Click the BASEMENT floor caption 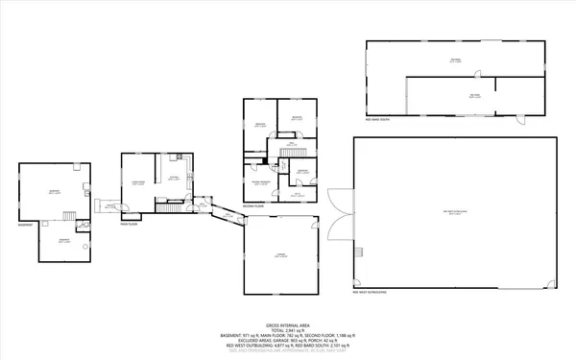(x=25, y=225)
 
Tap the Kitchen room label (x=175, y=179)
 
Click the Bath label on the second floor (x=297, y=193)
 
